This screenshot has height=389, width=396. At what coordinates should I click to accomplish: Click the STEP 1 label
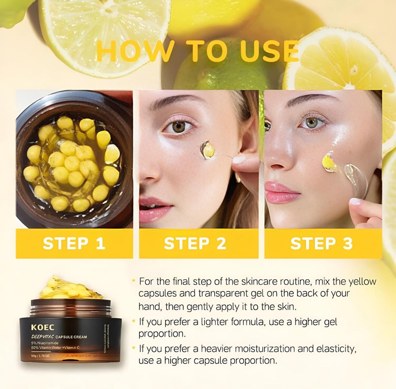point(74,244)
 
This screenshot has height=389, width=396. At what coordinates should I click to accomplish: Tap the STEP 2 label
point(195,244)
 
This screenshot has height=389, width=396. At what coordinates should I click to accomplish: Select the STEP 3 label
point(321,244)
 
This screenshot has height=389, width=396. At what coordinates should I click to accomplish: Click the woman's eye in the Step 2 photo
point(178,127)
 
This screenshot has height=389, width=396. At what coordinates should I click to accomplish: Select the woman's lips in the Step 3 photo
point(282,192)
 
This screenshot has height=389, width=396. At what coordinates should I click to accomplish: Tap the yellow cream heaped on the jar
point(72,289)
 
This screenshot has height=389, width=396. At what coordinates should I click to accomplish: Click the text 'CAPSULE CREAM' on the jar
point(73,337)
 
